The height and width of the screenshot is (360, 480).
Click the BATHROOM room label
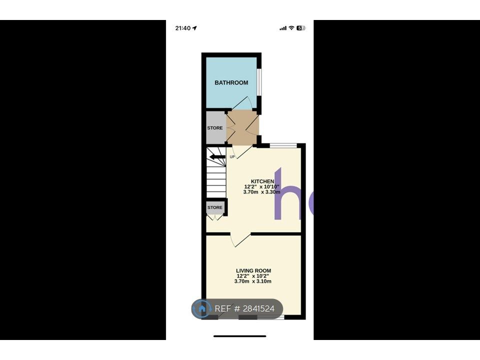click(x=231, y=82)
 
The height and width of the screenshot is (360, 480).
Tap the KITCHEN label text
click(x=262, y=181)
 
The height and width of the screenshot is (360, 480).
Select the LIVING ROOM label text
click(x=253, y=270)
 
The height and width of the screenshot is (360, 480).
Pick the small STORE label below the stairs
click(x=215, y=207)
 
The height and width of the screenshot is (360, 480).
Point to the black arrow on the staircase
click(x=217, y=157)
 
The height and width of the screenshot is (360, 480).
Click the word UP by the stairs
click(x=232, y=156)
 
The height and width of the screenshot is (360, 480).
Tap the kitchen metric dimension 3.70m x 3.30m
click(x=261, y=192)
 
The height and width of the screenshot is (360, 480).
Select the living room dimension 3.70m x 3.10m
click(x=253, y=281)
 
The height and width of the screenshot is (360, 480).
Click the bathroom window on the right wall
click(x=259, y=82)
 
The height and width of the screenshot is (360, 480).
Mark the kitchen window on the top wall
click(x=283, y=145)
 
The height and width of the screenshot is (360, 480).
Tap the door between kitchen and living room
click(x=240, y=239)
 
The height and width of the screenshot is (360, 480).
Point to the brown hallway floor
click(x=243, y=127)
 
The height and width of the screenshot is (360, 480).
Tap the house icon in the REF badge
click(x=201, y=308)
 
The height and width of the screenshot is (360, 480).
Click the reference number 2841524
click(x=258, y=308)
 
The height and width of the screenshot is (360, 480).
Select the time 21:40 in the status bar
click(x=183, y=28)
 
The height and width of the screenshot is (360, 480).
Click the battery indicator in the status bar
click(x=301, y=28)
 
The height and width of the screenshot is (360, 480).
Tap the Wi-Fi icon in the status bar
click(x=291, y=28)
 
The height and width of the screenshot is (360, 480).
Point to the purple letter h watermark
click(x=287, y=194)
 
